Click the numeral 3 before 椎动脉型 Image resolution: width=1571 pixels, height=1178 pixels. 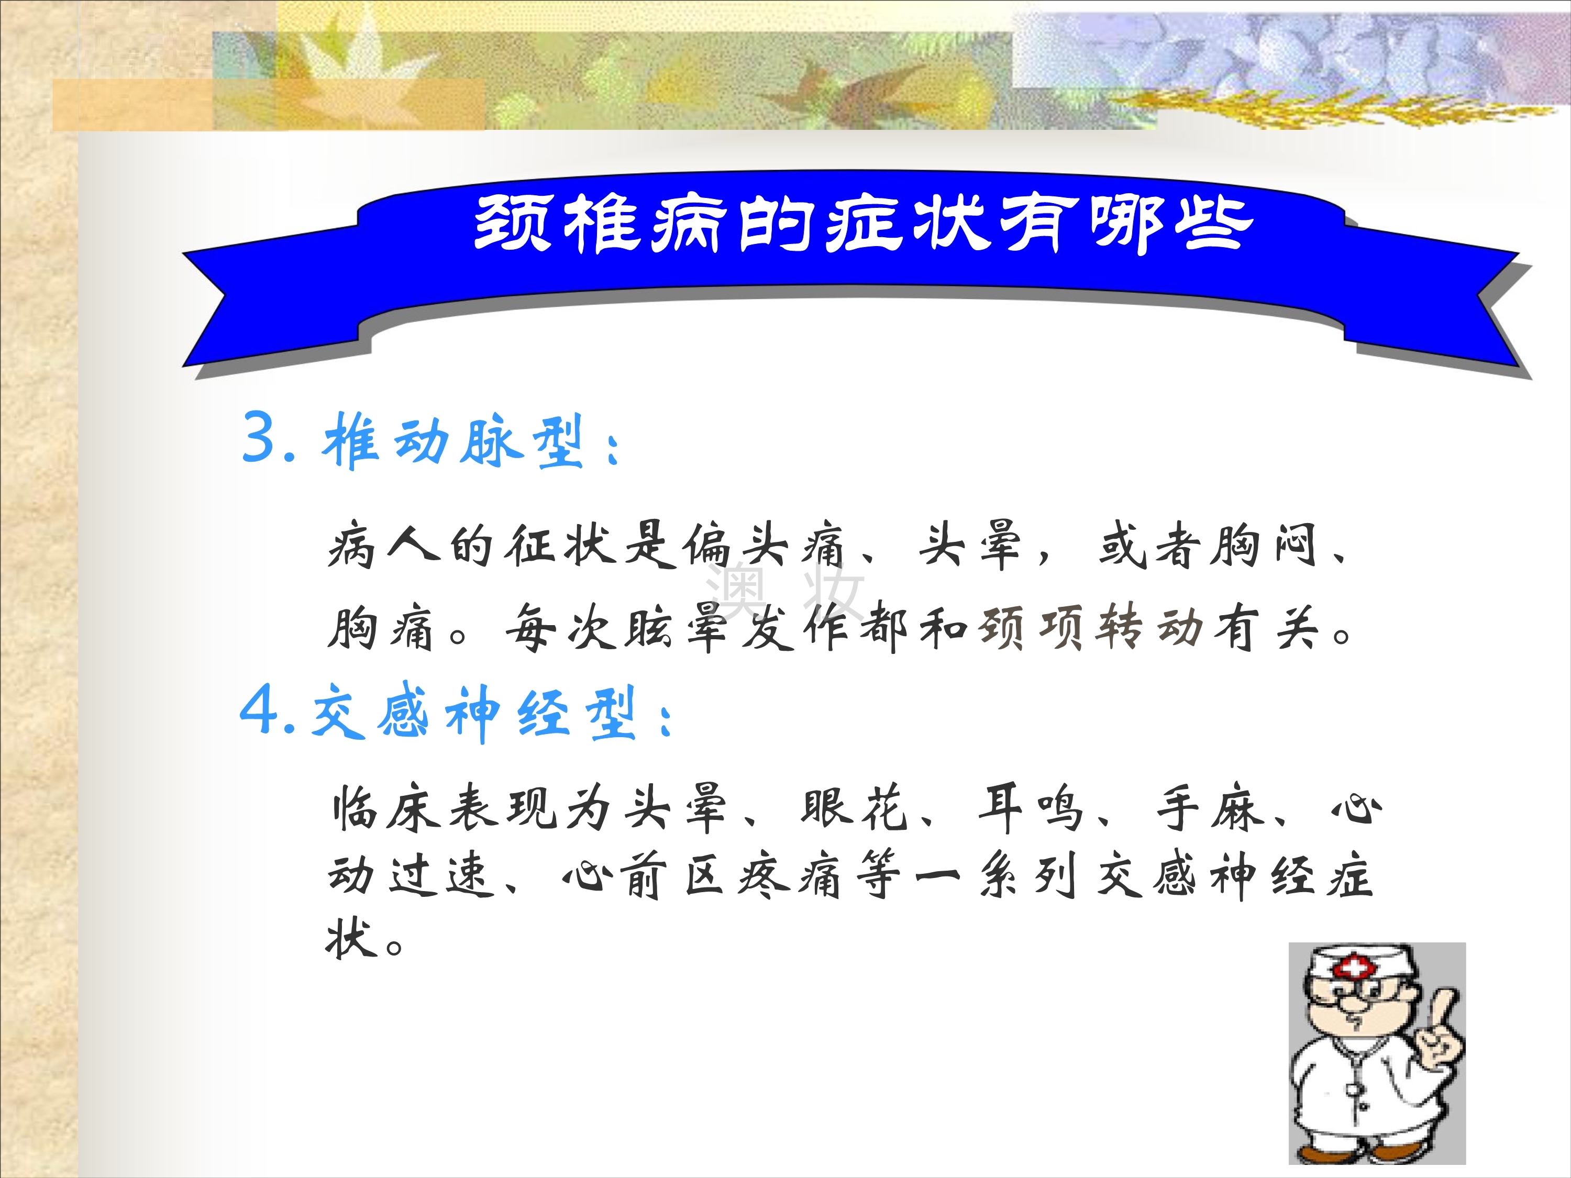pyautogui.click(x=259, y=436)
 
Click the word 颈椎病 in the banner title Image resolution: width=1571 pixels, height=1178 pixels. pyautogui.click(x=601, y=223)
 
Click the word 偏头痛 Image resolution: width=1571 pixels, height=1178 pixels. pyautogui.click(x=764, y=546)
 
